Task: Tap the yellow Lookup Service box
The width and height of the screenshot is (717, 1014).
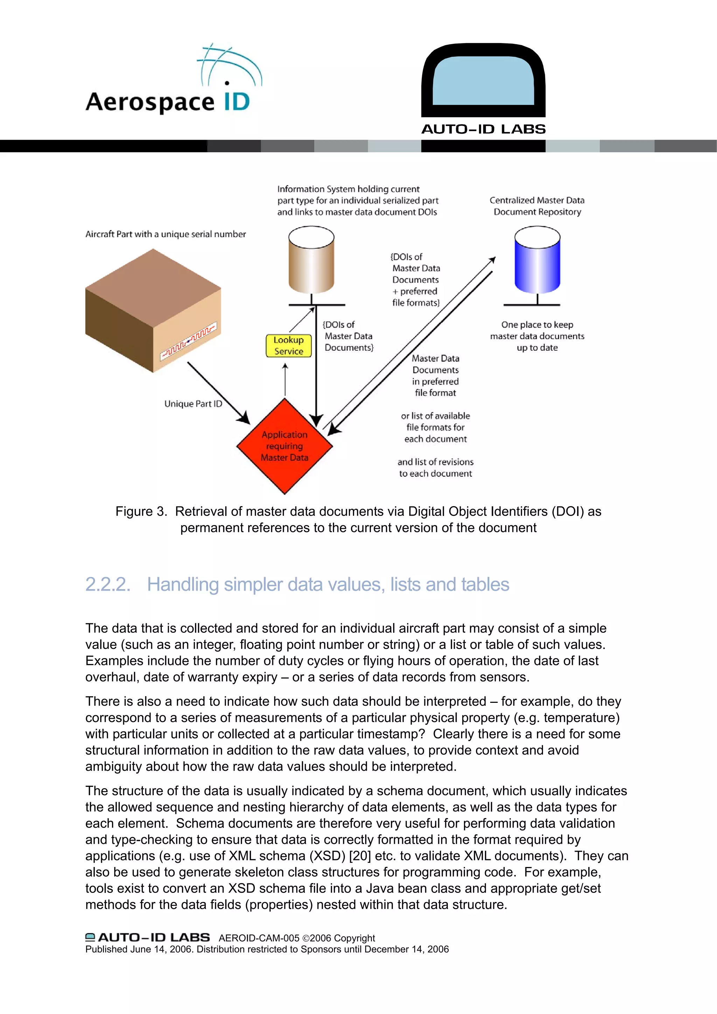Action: pos(288,345)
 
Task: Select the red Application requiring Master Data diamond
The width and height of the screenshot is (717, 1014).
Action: pos(285,446)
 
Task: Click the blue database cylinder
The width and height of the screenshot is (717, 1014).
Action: pos(537,260)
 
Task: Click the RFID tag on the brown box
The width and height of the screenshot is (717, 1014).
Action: pos(189,341)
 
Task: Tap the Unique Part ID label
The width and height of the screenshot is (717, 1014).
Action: pos(193,404)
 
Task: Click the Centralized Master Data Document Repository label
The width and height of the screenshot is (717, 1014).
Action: pos(537,206)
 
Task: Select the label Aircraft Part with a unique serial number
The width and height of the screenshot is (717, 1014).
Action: pos(166,234)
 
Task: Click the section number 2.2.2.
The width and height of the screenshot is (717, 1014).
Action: pos(108,584)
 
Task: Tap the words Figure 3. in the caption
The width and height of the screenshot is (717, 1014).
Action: pos(141,511)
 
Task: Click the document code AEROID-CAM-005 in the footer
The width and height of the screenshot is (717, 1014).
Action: pos(259,938)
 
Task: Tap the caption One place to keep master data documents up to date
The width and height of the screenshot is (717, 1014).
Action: pos(537,336)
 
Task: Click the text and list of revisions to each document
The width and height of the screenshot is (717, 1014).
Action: pos(435,468)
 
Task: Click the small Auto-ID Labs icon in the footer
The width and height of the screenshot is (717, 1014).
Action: pos(90,937)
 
